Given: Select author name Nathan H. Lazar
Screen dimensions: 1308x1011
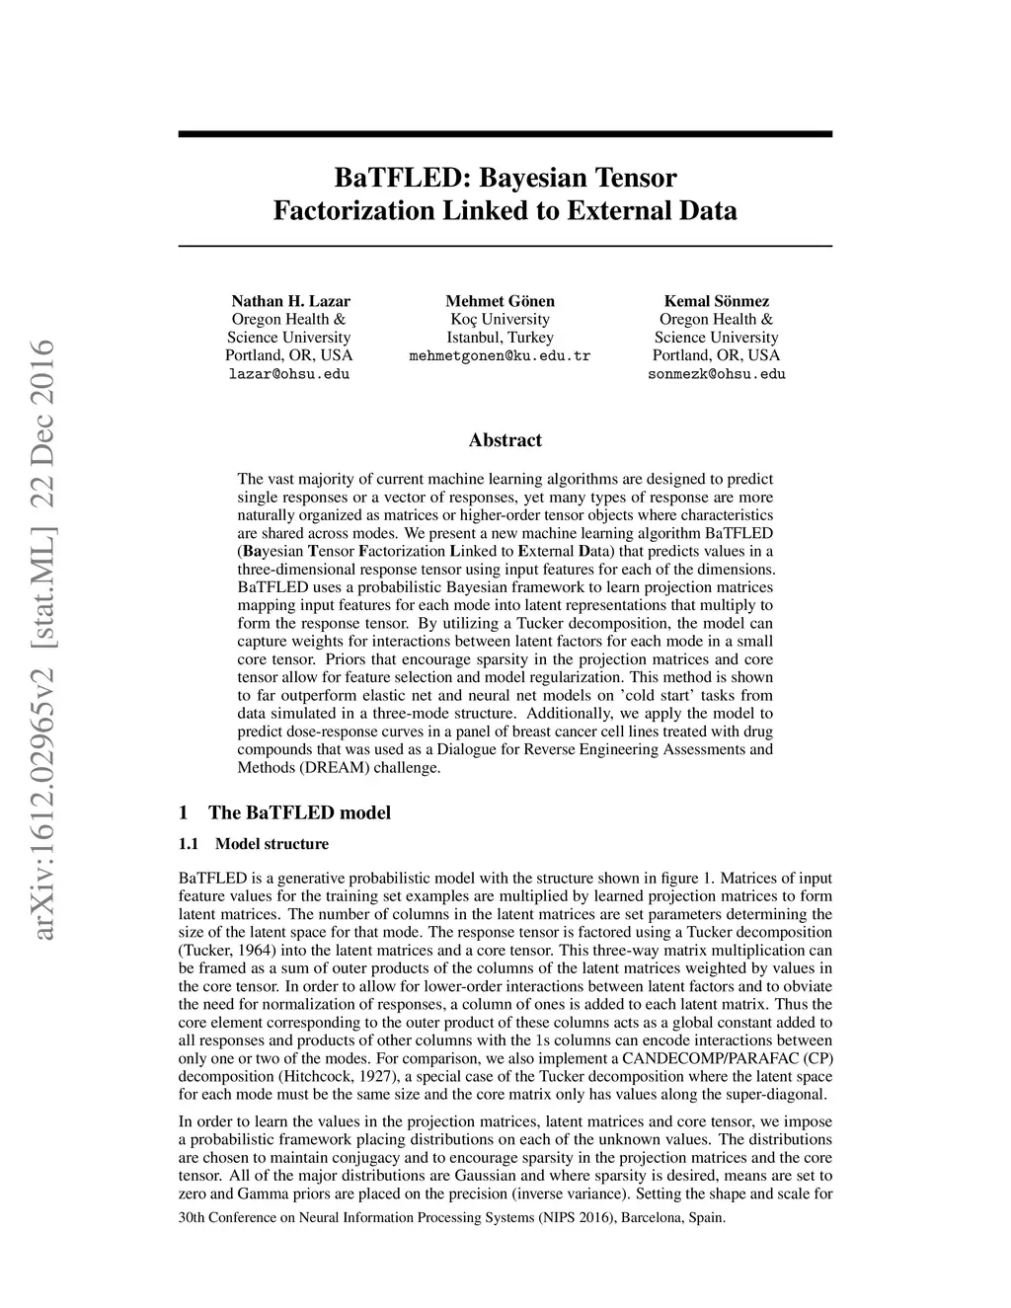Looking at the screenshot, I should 290,301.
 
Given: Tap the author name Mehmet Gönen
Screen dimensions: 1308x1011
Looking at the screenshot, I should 500,301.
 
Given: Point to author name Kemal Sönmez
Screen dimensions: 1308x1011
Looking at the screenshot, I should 716,301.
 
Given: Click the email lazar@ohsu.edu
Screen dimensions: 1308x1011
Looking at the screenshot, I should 289,374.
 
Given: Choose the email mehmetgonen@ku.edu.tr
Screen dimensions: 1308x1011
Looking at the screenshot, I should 500,355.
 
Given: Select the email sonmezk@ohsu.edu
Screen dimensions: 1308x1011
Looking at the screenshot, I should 717,374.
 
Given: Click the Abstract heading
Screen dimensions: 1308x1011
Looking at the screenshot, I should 505,440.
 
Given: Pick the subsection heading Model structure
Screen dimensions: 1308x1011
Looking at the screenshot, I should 272,844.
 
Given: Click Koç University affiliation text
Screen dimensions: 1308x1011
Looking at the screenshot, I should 500,319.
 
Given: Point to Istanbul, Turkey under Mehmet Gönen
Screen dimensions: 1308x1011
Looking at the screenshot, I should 500,338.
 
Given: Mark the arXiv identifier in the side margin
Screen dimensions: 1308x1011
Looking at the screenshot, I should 42,642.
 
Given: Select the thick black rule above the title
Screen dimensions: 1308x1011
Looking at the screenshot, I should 505,133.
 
